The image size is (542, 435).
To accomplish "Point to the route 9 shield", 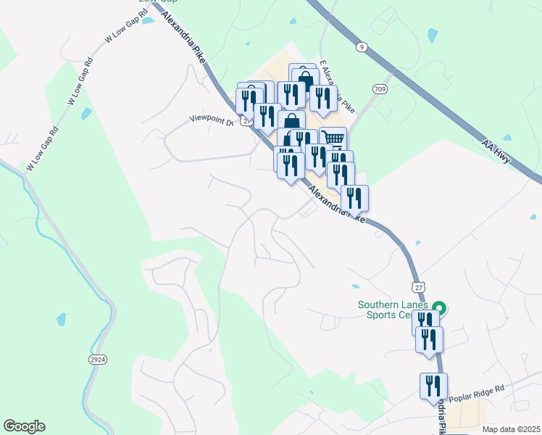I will coord(362,47).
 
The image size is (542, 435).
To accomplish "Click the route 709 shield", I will coord(379,88).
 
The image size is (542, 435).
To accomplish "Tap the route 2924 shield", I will coord(96,360).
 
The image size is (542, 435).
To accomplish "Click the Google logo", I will coord(24,426).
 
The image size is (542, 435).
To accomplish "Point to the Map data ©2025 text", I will coord(511,429).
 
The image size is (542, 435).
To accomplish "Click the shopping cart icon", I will coord(333,138).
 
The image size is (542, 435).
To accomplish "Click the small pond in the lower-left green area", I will coord(61,318).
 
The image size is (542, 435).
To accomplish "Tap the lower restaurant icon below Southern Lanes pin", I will coord(429,339).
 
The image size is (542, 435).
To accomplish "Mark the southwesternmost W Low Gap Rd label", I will coord(42,150).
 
